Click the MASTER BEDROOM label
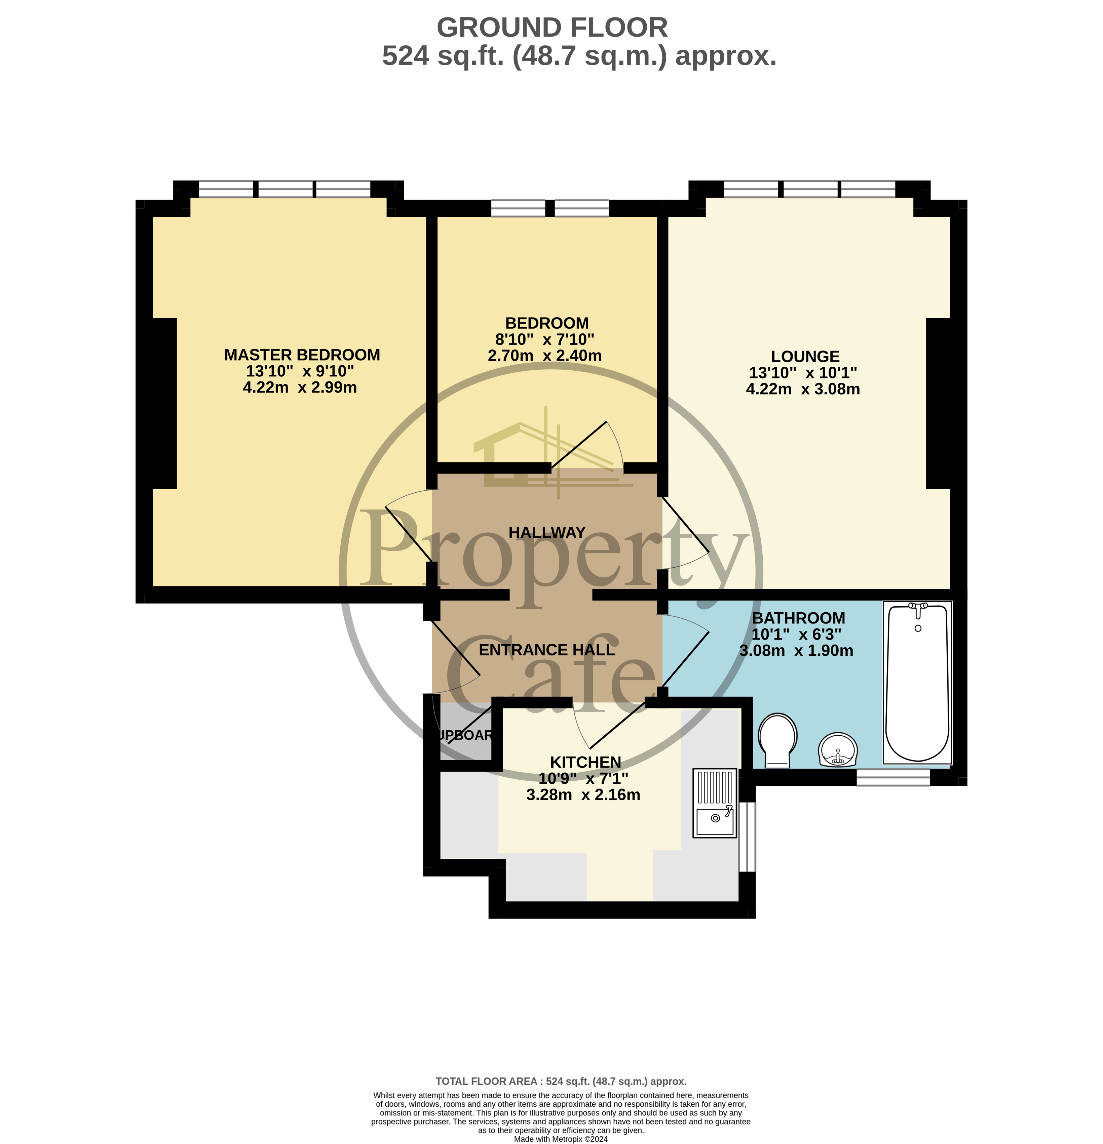pyautogui.click(x=302, y=355)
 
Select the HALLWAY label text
pyautogui.click(x=546, y=532)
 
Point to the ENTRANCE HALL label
pyautogui.click(x=546, y=650)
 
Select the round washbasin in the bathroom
pyautogui.click(x=838, y=749)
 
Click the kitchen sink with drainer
pyautogui.click(x=715, y=804)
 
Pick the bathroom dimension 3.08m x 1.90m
pyautogui.click(x=796, y=651)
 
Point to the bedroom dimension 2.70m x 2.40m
pyautogui.click(x=544, y=356)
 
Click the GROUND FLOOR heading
pyautogui.click(x=552, y=28)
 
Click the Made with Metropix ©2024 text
pyautogui.click(x=561, y=1139)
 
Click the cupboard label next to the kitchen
pyautogui.click(x=465, y=735)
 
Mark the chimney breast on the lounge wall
pyautogui.click(x=938, y=403)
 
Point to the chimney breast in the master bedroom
pyautogui.click(x=165, y=403)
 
